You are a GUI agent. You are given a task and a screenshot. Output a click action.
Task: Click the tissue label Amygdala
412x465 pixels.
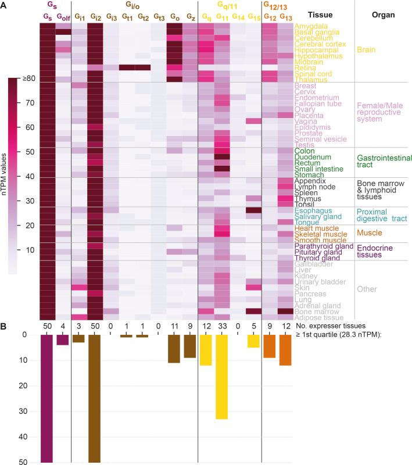pyautogui.click(x=311, y=27)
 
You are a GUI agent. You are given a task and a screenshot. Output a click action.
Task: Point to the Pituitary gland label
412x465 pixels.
pyautogui.click(x=320, y=252)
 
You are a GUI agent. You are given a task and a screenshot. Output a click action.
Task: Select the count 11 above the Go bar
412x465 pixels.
pyautogui.click(x=174, y=327)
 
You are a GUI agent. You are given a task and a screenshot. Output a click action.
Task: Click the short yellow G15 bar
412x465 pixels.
pyautogui.click(x=253, y=341)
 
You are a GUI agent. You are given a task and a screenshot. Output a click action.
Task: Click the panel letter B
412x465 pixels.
pyautogui.click(x=4, y=327)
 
